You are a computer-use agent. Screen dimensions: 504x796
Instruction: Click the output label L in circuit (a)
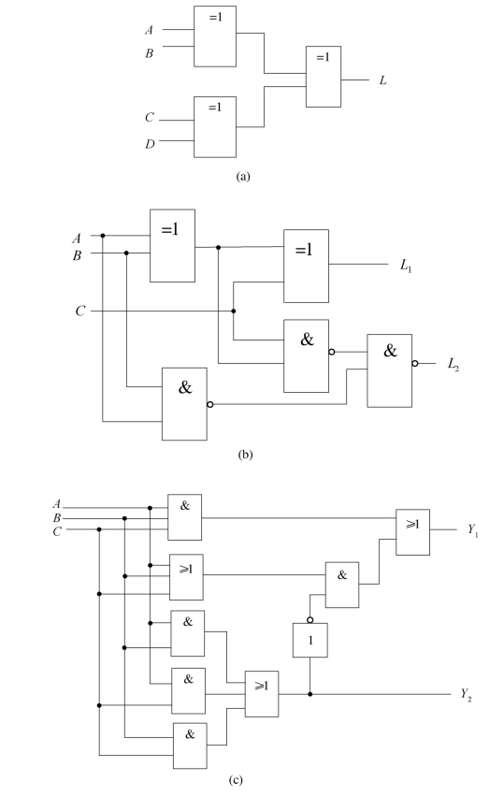pos(382,80)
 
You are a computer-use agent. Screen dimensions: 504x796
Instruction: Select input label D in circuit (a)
pos(150,145)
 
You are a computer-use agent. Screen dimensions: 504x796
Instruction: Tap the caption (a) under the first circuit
pos(243,177)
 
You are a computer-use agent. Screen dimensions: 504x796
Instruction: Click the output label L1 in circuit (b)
pos(406,265)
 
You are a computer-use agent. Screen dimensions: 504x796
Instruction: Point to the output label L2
pos(454,364)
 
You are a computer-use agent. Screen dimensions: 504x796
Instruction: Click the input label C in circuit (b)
pos(80,311)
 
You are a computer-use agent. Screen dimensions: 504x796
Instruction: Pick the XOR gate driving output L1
pos(306,266)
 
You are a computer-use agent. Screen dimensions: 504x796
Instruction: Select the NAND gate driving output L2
pos(389,370)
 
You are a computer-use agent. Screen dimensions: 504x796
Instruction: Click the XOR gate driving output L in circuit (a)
pos(324,77)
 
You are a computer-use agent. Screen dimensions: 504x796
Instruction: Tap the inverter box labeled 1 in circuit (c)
pos(310,640)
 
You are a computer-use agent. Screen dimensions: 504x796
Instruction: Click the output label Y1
pos(473,530)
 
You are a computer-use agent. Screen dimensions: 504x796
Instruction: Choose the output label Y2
pos(467,694)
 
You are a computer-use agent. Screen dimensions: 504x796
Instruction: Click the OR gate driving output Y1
pos(412,532)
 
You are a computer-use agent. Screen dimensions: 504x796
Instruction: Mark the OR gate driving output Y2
pos(262,694)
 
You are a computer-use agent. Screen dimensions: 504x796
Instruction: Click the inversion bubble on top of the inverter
pos(310,620)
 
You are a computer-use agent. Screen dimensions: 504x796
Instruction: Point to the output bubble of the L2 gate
pos(415,364)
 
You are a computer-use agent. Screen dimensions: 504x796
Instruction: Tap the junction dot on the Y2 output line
pos(310,694)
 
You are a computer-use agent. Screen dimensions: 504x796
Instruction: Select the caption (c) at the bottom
pos(236,780)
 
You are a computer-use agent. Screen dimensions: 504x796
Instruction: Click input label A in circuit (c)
pos(57,504)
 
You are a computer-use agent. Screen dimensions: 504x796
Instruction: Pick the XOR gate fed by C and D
pos(215,127)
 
